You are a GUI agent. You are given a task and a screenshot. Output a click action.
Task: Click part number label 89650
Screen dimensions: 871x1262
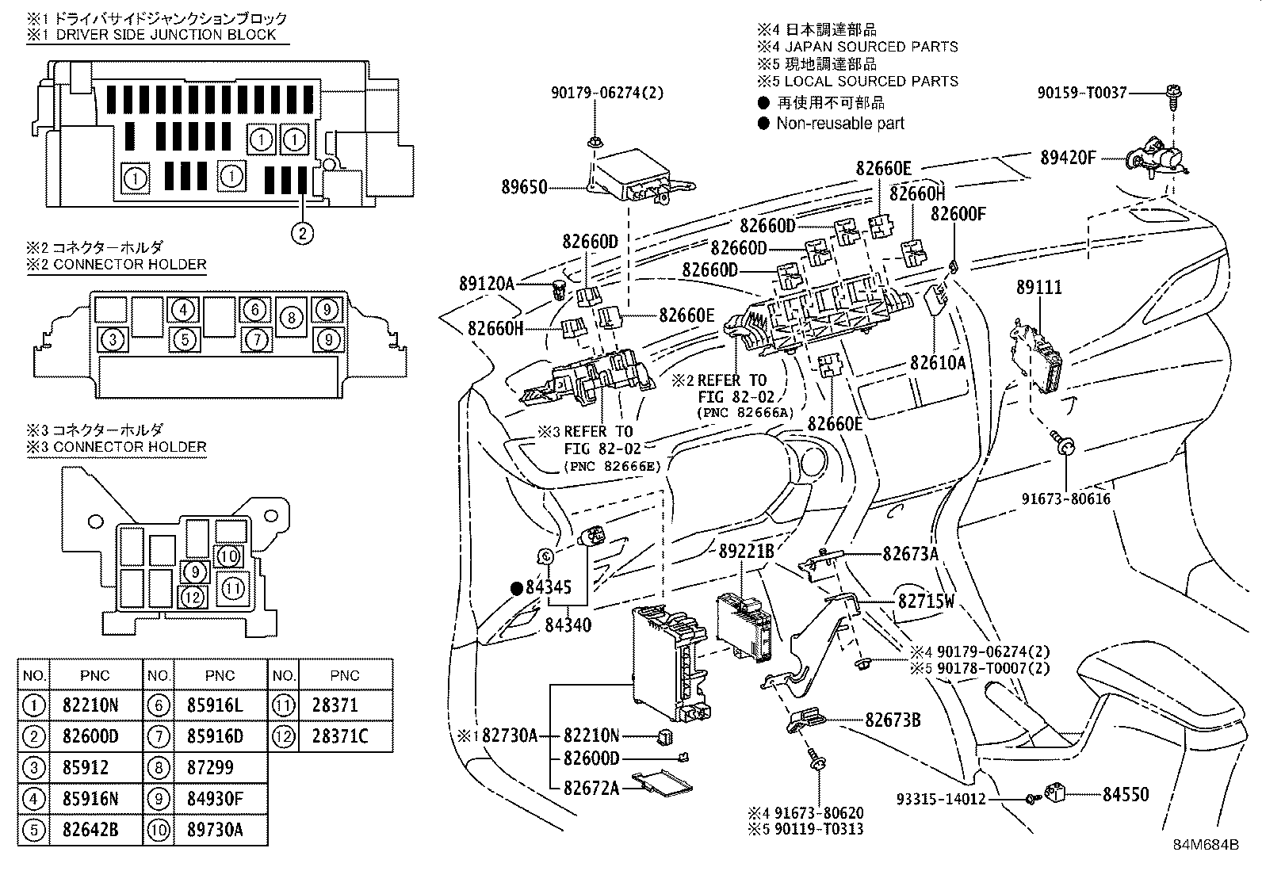pyautogui.click(x=524, y=188)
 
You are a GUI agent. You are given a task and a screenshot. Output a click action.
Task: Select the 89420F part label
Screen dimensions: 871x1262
pyautogui.click(x=1068, y=158)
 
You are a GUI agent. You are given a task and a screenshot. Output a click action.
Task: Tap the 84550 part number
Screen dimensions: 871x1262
pyautogui.click(x=1126, y=794)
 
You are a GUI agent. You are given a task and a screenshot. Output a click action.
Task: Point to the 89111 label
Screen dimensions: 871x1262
pyautogui.click(x=1039, y=288)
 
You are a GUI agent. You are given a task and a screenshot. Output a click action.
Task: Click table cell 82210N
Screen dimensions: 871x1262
pyautogui.click(x=90, y=705)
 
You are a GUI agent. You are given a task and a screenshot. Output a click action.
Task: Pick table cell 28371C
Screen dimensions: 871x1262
pyautogui.click(x=340, y=736)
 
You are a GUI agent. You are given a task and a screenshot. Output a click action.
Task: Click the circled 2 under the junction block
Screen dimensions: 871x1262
pyautogui.click(x=301, y=233)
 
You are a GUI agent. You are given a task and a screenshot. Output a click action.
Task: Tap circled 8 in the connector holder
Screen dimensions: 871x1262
pyautogui.click(x=292, y=318)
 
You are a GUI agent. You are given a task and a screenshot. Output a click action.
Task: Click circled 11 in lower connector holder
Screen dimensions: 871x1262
pyautogui.click(x=232, y=587)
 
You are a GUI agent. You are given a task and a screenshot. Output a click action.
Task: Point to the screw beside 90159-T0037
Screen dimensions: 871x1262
pyautogui.click(x=1170, y=96)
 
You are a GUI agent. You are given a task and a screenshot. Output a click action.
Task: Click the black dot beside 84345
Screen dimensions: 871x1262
pyautogui.click(x=516, y=587)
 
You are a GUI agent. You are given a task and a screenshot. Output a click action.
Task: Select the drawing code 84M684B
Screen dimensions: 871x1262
pyautogui.click(x=1206, y=844)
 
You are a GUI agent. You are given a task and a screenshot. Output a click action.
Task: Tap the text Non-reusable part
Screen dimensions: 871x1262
pyautogui.click(x=840, y=123)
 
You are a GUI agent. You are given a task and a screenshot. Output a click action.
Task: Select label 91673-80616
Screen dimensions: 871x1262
pyautogui.click(x=1065, y=499)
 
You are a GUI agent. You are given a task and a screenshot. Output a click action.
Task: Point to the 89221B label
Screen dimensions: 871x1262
pyautogui.click(x=746, y=551)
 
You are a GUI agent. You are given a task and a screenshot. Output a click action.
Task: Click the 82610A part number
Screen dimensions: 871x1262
pyautogui.click(x=938, y=362)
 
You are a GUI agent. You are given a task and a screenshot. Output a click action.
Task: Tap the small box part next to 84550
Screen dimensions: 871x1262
pyautogui.click(x=1060, y=792)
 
